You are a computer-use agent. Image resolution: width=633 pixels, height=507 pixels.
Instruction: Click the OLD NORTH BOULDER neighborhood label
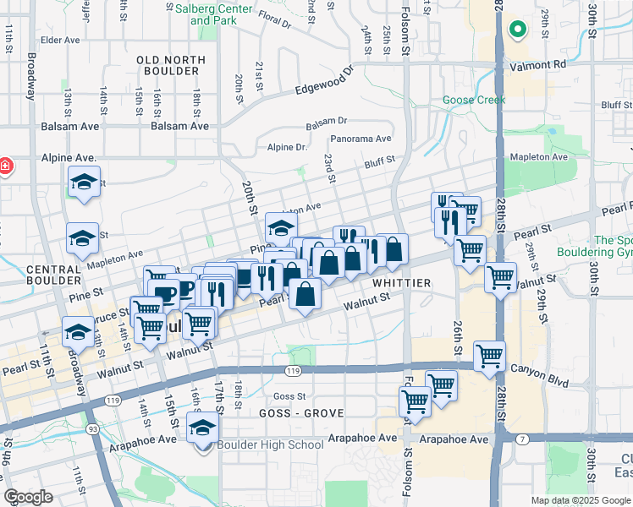click(x=171, y=67)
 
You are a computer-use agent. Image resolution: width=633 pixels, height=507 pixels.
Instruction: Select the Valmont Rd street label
click(x=537, y=64)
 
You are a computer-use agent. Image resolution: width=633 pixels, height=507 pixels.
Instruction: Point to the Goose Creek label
click(x=474, y=100)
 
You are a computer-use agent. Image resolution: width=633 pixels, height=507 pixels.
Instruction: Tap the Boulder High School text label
click(x=270, y=444)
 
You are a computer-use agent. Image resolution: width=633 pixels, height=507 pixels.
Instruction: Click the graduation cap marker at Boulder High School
click(x=203, y=429)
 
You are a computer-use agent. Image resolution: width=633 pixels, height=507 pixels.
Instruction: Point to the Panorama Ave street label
click(x=361, y=139)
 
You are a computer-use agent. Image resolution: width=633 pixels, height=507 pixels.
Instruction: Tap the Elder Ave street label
click(x=59, y=40)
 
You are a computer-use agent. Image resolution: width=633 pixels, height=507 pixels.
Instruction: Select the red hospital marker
click(x=4, y=166)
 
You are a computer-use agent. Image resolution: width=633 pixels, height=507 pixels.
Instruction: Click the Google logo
click(x=29, y=497)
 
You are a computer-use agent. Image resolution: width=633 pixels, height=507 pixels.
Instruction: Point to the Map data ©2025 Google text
click(x=581, y=500)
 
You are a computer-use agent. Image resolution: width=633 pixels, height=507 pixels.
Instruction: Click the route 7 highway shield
click(x=523, y=439)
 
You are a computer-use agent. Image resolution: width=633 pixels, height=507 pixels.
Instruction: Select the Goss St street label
click(x=289, y=396)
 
